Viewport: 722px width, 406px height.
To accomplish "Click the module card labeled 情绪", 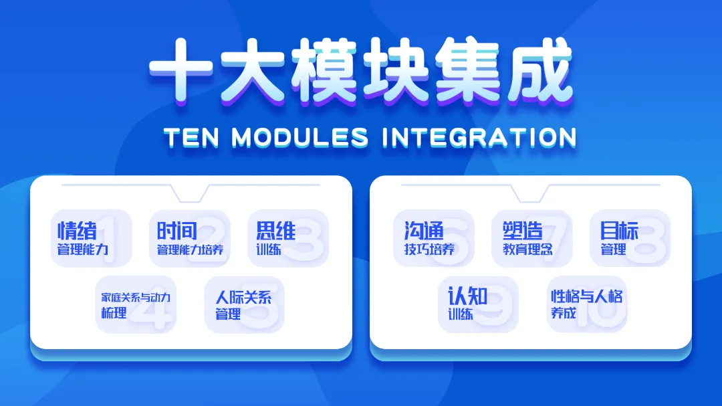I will tap(92, 239).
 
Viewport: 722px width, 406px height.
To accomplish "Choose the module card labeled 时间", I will tap(190, 239).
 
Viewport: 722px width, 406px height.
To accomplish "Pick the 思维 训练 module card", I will tap(288, 239).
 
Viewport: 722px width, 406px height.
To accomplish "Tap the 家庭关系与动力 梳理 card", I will tap(136, 304).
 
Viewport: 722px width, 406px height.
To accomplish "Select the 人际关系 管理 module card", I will tap(244, 304).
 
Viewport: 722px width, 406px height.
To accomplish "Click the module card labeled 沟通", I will tap(433, 239).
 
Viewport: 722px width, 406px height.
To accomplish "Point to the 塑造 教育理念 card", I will tap(531, 239).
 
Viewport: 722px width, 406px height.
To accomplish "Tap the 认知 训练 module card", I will tap(478, 304).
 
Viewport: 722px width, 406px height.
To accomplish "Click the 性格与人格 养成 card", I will tap(587, 304).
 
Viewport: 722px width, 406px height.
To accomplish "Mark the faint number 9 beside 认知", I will tap(495, 308).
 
